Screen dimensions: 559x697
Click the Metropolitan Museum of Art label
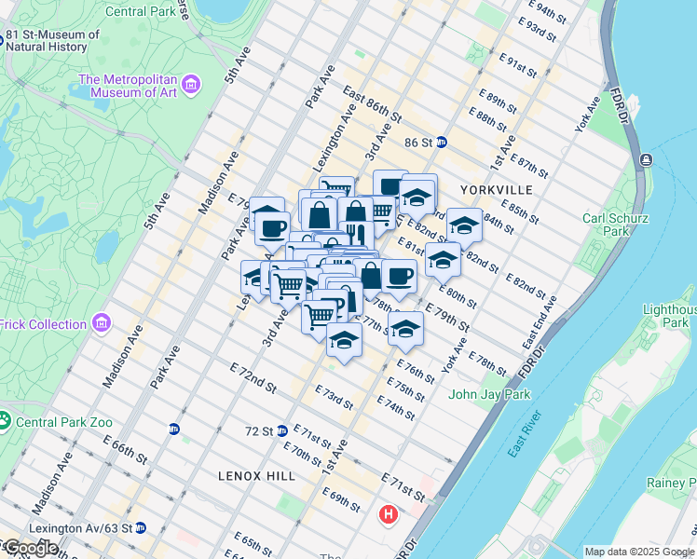128,85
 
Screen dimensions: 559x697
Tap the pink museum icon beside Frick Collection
102,324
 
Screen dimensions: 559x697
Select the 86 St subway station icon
442,143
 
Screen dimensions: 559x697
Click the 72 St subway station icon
281,430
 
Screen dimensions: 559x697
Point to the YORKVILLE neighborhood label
496,190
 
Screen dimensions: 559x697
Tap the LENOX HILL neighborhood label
256,476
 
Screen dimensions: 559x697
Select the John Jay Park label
489,394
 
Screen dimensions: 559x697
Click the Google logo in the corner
30,548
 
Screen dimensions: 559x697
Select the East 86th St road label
371,104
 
